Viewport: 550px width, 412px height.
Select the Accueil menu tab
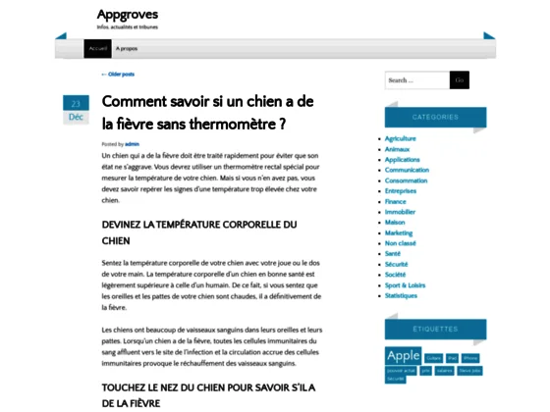coord(97,48)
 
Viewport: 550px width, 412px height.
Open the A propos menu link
coord(127,48)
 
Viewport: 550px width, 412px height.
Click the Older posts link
coord(118,75)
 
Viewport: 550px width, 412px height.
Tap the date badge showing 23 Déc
coord(76,109)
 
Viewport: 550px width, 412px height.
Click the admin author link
coord(133,144)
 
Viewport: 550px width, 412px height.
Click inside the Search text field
coord(416,80)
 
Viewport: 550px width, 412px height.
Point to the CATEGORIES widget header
coord(435,117)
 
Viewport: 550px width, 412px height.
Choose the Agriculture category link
coord(400,138)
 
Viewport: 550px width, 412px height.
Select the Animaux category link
coord(398,148)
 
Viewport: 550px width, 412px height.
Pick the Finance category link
coord(395,200)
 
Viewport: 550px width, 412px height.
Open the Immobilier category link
coord(400,212)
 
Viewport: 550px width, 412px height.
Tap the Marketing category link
coord(399,232)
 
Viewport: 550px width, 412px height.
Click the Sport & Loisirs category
coord(405,284)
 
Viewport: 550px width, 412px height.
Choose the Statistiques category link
coord(401,295)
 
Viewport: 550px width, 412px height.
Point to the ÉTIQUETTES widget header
coord(435,330)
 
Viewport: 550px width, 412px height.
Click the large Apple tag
coord(404,356)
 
